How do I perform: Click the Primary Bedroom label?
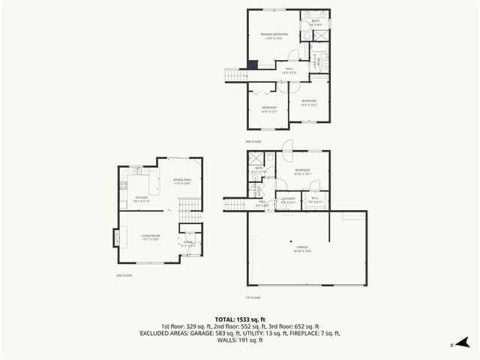tap(274, 35)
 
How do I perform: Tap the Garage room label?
tap(302, 247)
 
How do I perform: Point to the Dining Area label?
tap(182, 180)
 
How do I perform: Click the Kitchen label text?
tap(142, 198)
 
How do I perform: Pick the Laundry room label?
tap(288, 200)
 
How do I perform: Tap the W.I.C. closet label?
tap(316, 200)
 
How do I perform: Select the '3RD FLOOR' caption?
tap(253, 141)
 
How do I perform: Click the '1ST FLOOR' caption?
tap(253, 298)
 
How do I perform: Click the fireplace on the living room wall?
tap(115, 238)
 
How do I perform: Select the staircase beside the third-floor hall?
tap(237, 74)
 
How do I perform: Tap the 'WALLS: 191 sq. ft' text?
tap(240, 340)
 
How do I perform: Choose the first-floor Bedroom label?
tap(303, 170)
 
